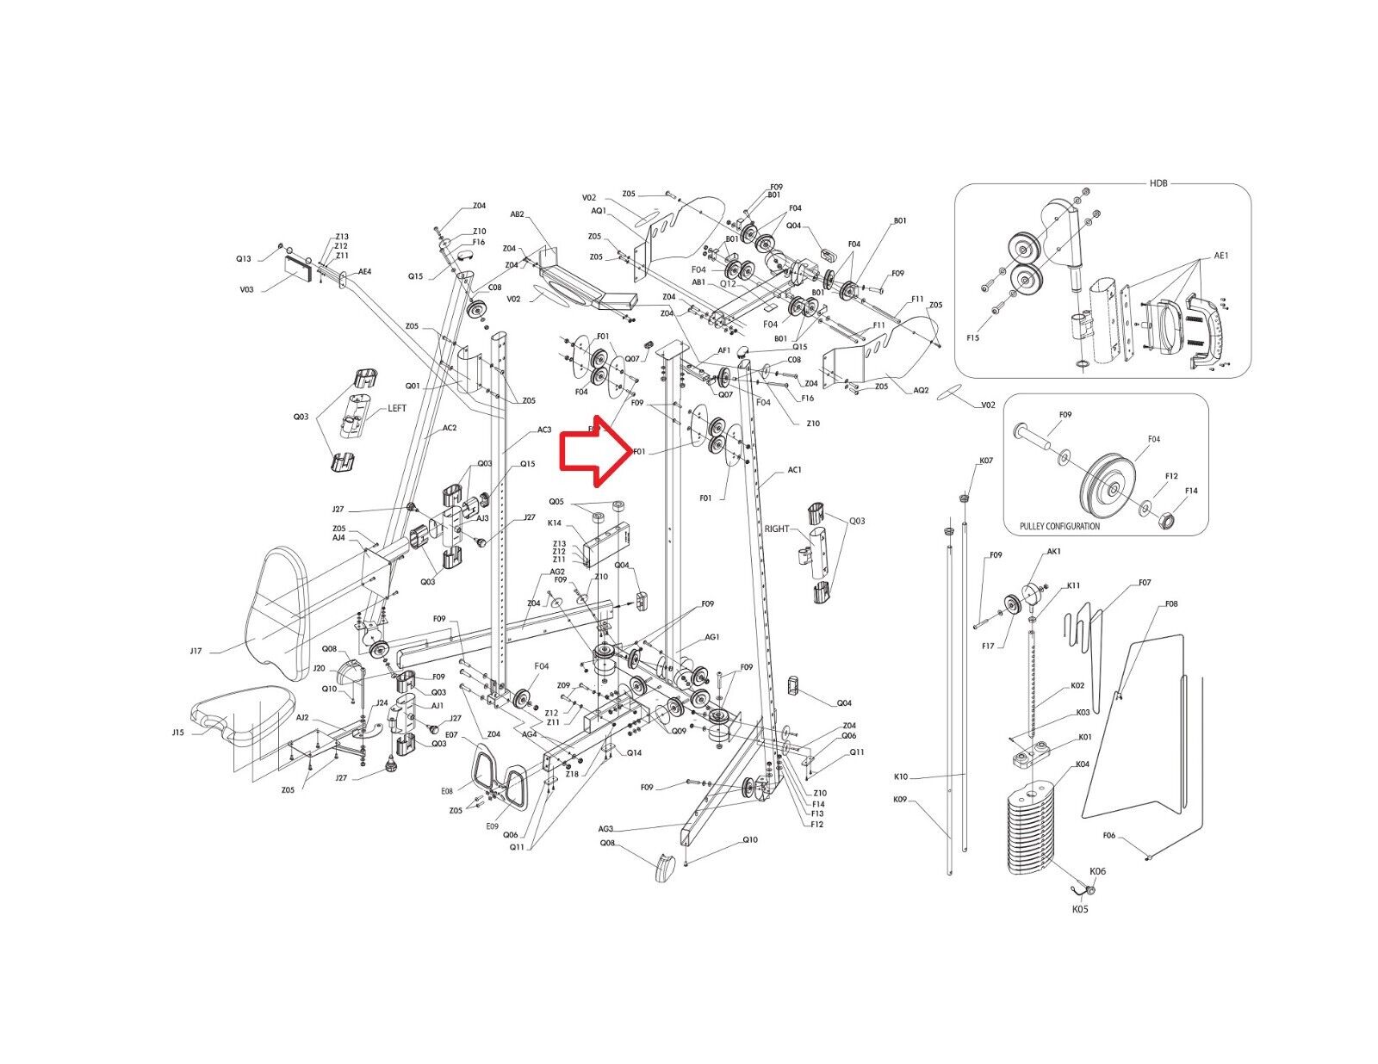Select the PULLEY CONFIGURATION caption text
[1058, 526]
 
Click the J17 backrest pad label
[196, 651]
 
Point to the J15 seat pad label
[177, 733]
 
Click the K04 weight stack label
[1083, 764]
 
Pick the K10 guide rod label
[900, 777]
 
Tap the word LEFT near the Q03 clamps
[397, 408]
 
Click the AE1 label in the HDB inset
[1220, 256]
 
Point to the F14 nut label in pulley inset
[1191, 491]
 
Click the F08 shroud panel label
[1171, 604]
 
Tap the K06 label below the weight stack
[1097, 871]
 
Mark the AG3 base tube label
[605, 828]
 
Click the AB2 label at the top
[518, 214]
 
